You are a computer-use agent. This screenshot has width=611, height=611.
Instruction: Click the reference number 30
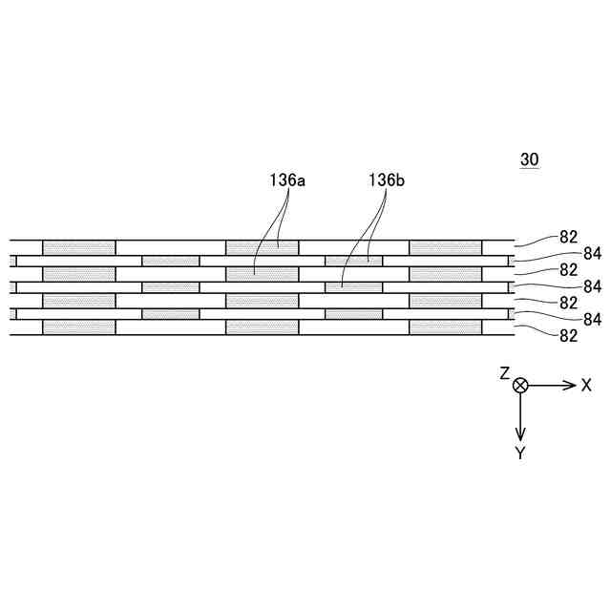(x=529, y=161)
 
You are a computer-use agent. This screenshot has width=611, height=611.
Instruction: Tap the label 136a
(x=287, y=179)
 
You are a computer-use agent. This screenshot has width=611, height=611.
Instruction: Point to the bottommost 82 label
(x=569, y=335)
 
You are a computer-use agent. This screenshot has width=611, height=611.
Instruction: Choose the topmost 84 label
(x=592, y=253)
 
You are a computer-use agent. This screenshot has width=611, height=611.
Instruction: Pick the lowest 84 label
(x=592, y=319)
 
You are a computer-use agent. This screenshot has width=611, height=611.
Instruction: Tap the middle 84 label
(x=592, y=285)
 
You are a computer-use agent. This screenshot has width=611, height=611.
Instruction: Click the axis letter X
(x=586, y=385)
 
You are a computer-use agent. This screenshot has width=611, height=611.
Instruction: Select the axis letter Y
(x=520, y=453)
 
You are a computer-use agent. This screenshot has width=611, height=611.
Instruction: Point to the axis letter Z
(x=505, y=373)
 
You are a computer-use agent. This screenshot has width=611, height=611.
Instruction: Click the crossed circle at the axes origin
(x=520, y=385)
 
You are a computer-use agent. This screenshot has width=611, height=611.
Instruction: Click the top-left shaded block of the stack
(x=79, y=247)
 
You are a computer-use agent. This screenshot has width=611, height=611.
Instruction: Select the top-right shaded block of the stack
(x=446, y=247)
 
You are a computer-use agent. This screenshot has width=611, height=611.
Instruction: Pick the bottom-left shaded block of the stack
(x=79, y=327)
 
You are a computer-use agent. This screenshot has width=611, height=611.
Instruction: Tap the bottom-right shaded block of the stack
(x=446, y=327)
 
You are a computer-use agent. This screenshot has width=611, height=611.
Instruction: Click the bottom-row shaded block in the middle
(x=263, y=327)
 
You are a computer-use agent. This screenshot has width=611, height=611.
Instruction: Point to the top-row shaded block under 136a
(x=263, y=247)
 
